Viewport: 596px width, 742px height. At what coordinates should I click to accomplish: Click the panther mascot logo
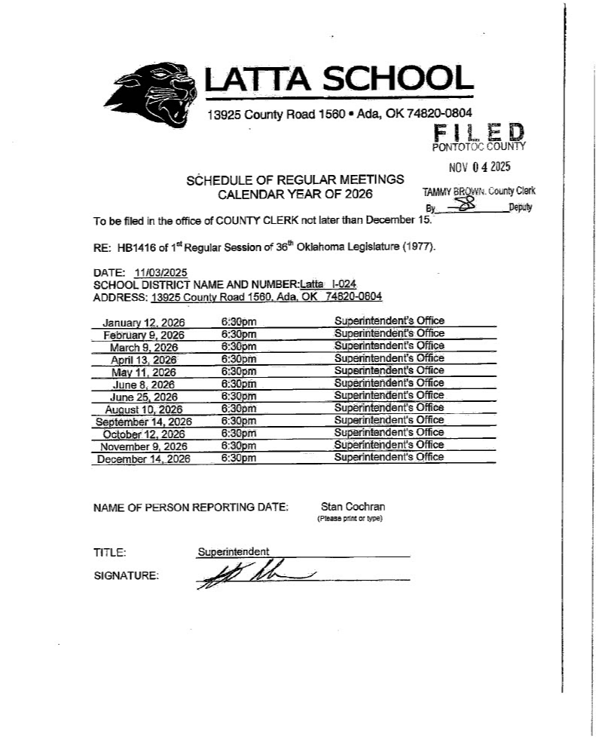[x=159, y=94]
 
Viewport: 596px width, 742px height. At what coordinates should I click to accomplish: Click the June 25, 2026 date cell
[x=144, y=397]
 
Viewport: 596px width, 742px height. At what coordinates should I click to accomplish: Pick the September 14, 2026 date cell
[x=144, y=422]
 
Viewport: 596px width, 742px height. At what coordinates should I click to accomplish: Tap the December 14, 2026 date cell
[x=144, y=458]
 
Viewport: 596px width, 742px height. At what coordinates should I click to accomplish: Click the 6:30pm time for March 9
[x=239, y=347]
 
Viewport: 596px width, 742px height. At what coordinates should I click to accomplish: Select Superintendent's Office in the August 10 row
[x=390, y=408]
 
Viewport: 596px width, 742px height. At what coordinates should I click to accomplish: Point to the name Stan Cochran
[x=353, y=507]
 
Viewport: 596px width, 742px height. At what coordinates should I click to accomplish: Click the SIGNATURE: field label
[x=126, y=576]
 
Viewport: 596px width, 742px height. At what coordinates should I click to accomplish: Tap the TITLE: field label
[x=109, y=552]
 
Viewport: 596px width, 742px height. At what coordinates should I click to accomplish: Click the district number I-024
[x=341, y=284]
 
